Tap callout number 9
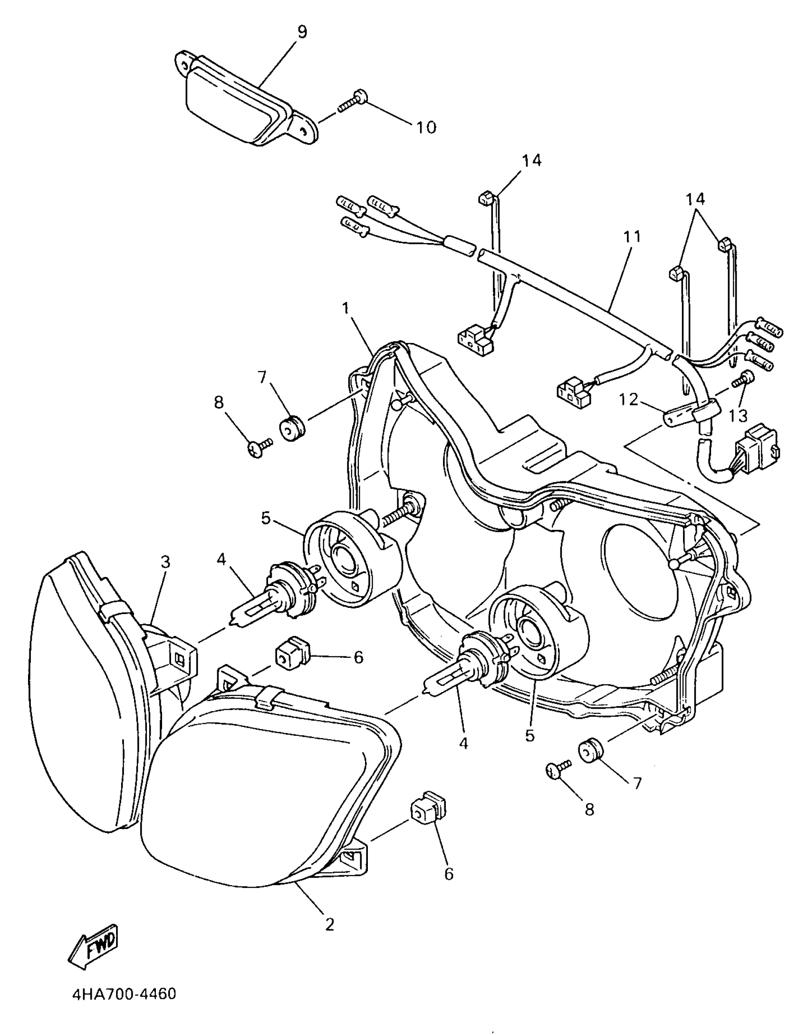tap(302, 32)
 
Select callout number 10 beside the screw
tap(426, 127)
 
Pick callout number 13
tap(738, 415)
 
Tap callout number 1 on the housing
tap(346, 308)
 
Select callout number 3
tap(165, 562)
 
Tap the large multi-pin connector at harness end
tap(756, 447)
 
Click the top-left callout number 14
tap(531, 161)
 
